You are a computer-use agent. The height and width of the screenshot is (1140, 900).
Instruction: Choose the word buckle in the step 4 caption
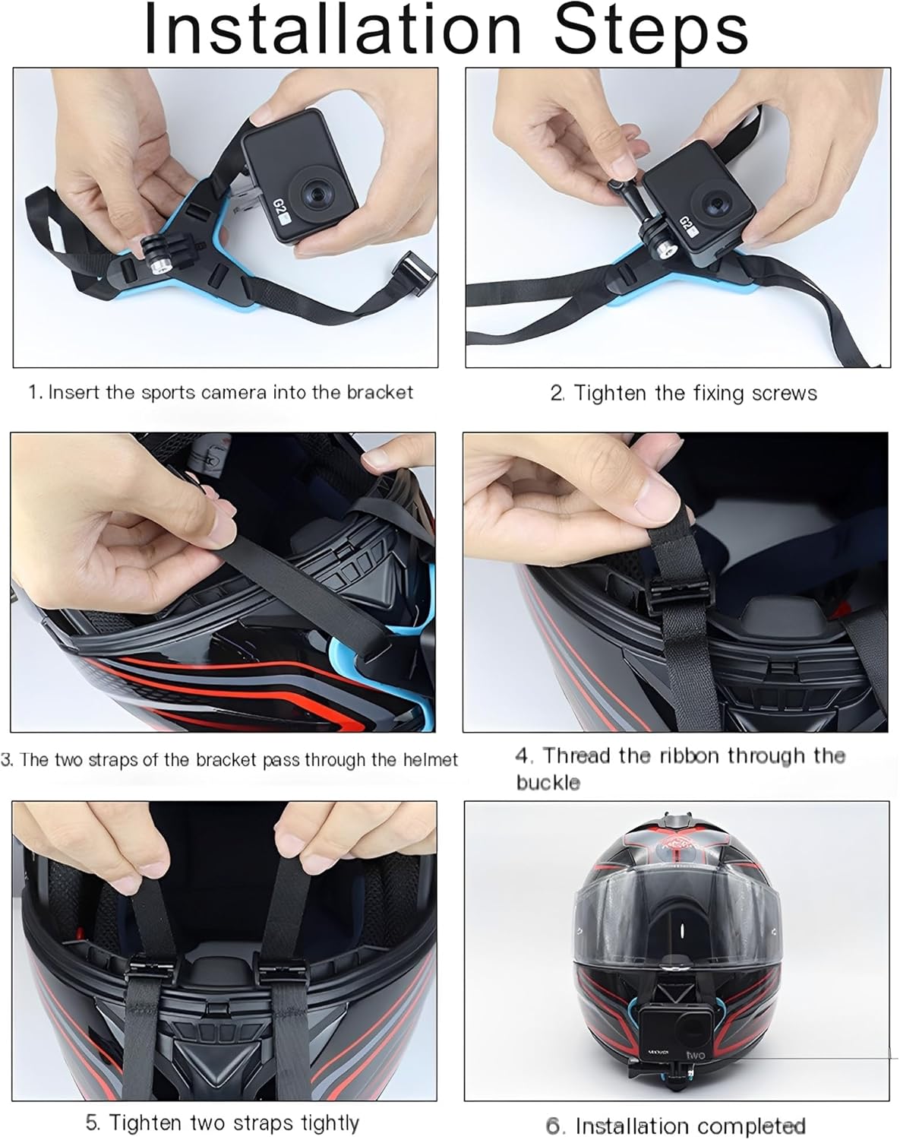(x=548, y=783)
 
